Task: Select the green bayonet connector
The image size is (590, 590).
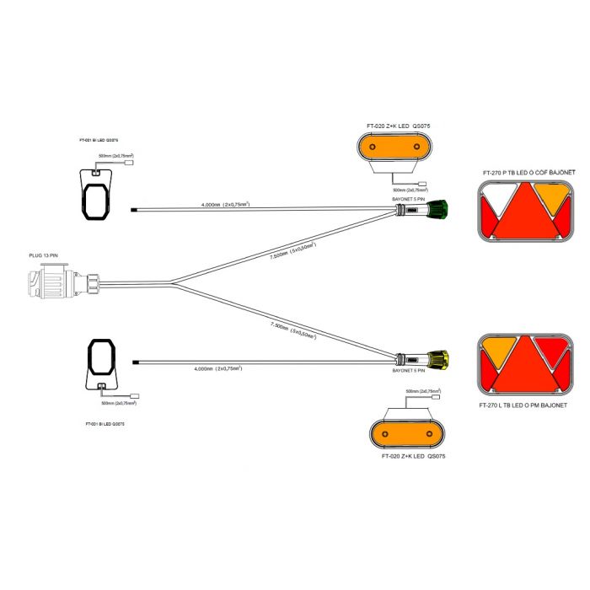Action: [437, 209]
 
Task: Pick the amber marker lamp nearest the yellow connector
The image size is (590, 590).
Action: [406, 435]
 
